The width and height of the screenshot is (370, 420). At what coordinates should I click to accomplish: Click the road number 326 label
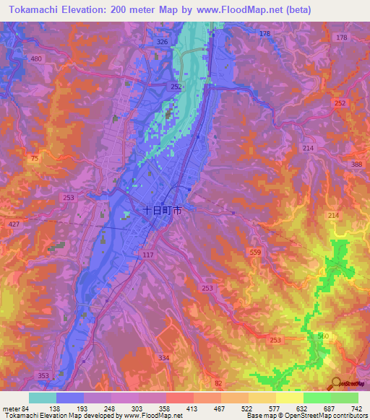tap(162, 43)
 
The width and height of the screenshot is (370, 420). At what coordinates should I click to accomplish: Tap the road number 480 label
tap(36, 58)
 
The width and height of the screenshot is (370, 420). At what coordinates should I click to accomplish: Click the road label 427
tap(14, 225)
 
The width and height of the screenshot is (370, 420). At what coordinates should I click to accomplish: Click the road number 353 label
tap(45, 376)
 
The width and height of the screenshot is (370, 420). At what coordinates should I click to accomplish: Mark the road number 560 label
tap(322, 336)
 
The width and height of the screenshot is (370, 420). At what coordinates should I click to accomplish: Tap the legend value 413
tap(192, 408)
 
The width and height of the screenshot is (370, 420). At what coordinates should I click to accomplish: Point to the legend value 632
tap(302, 408)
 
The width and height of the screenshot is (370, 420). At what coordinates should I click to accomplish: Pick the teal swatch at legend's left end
tap(43, 398)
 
